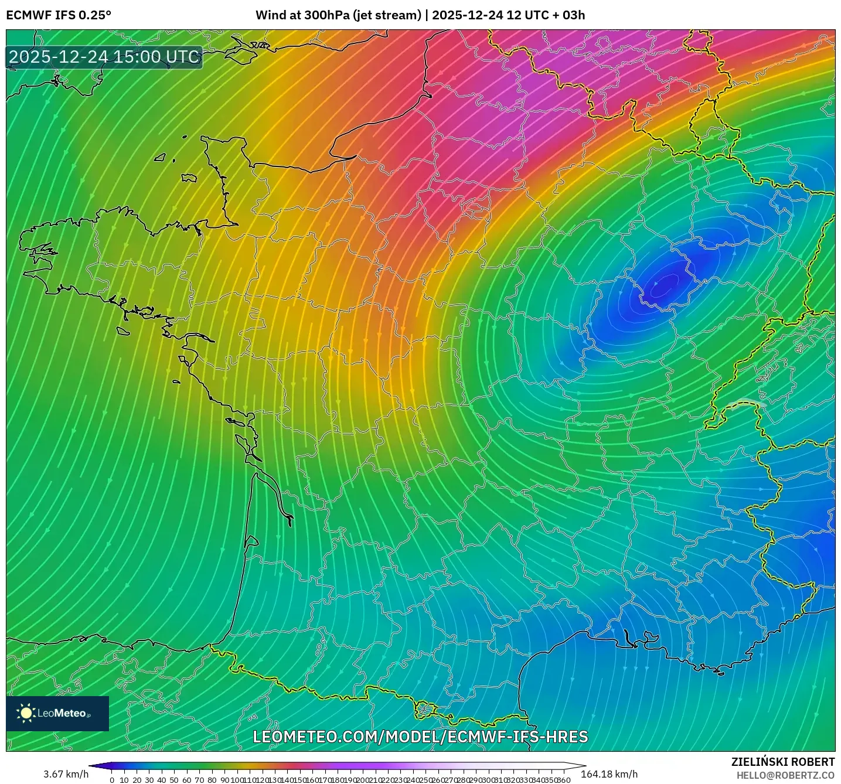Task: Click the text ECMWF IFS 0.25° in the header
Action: click(x=59, y=15)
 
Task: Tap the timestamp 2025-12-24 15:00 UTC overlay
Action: click(x=104, y=57)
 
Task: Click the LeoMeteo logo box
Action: click(x=57, y=713)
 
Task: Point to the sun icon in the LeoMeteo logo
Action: click(x=26, y=713)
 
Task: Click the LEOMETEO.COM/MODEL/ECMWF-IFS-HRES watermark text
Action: click(x=420, y=737)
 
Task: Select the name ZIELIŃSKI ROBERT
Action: click(x=783, y=762)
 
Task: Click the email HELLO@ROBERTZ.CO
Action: click(x=785, y=775)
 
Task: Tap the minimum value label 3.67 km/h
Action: click(x=66, y=774)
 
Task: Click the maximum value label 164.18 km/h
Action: click(x=609, y=774)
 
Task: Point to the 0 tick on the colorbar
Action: click(x=112, y=780)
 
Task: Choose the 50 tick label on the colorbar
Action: click(x=174, y=780)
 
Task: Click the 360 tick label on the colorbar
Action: click(x=563, y=780)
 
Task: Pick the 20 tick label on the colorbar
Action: click(x=137, y=780)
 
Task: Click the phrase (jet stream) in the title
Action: click(x=387, y=15)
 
